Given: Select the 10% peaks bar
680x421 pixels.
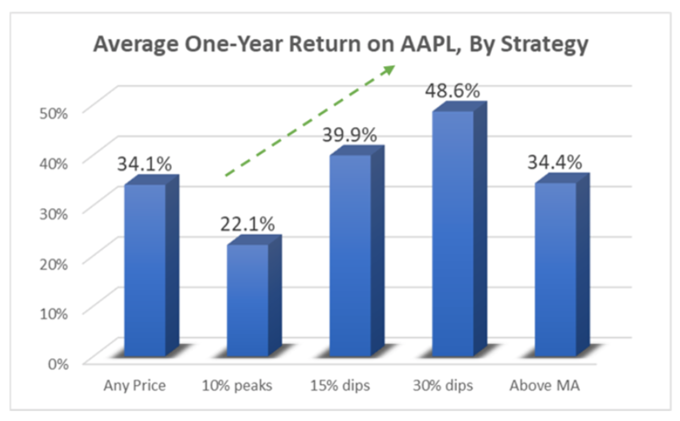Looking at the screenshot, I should (248, 300).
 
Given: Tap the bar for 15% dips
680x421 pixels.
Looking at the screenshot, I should (350, 255).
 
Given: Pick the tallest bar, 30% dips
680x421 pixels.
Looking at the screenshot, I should (453, 233).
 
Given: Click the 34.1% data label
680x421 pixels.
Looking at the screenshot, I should (144, 164).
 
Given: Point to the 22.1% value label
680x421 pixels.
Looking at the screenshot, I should (247, 225).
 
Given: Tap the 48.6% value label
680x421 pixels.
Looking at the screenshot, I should (453, 91).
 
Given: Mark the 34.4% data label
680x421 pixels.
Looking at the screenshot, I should (555, 163).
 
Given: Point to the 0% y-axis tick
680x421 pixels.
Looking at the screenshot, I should (57, 363).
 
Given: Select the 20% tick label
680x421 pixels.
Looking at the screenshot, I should (54, 263).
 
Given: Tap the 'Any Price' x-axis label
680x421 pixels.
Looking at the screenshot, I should (135, 386).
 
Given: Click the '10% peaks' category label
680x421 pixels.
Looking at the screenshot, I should (237, 386).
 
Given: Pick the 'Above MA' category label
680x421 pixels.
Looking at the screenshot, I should (545, 386).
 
